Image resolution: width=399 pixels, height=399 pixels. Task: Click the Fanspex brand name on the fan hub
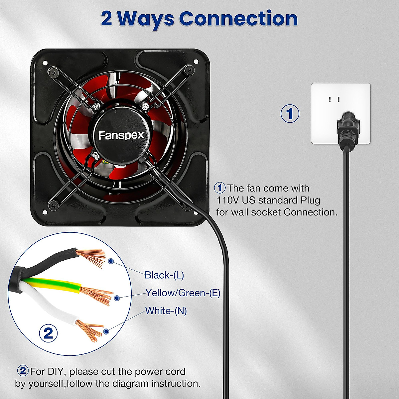tap(121, 135)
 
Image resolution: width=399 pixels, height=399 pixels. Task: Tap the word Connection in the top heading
tap(238, 19)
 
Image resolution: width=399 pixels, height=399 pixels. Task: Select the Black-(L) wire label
tap(164, 275)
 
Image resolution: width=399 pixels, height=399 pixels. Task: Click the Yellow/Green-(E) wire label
tap(183, 293)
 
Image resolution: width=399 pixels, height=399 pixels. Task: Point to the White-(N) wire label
tap(166, 311)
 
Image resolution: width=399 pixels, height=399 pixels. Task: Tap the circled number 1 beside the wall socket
tap(290, 113)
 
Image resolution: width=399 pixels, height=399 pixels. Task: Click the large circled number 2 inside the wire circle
tap(49, 333)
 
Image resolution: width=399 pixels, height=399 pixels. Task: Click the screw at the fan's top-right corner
tap(190, 70)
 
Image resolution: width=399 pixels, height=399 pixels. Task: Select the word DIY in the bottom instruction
tap(56, 371)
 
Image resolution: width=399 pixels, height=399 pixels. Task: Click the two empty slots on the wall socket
tap(334, 99)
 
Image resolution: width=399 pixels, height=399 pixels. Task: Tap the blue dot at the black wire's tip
tap(111, 261)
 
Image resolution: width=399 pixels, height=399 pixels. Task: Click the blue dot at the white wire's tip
tap(106, 332)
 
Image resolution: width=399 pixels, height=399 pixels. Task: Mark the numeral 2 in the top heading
tap(106, 19)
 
